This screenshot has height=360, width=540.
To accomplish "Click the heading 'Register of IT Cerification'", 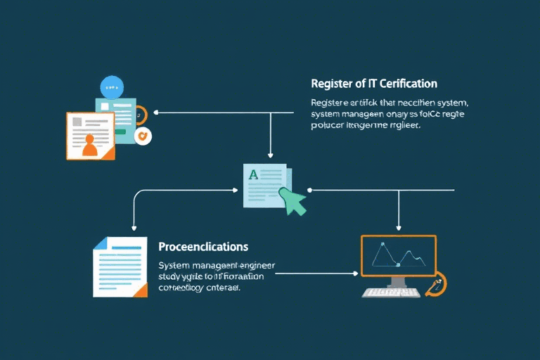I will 373,84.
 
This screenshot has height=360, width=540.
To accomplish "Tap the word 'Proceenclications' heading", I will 203,247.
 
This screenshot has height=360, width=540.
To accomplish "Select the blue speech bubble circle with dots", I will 112,87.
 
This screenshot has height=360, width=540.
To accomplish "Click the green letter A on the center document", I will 252,172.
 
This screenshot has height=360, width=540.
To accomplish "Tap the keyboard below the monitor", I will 391,292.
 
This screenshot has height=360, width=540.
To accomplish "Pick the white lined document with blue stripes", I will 120,266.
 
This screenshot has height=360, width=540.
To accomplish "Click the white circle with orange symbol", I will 143,136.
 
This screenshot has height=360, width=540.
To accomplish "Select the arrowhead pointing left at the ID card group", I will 156,112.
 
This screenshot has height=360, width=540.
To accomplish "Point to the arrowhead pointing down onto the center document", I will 271,155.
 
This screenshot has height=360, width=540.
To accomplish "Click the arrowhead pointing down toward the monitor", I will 399,228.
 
